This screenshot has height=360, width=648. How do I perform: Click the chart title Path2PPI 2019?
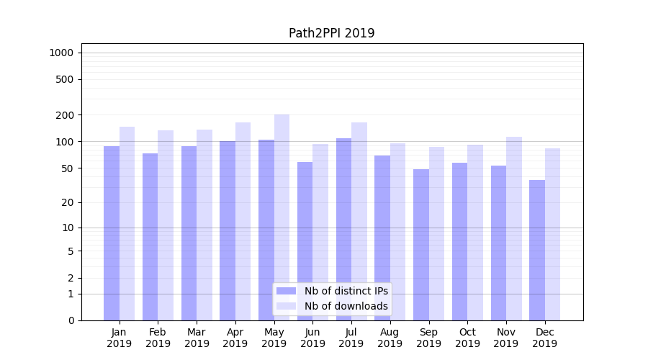331,33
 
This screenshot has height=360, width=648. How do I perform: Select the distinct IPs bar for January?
112,233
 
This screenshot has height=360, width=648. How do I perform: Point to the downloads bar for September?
436,233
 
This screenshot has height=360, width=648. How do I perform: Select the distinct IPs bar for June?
305,241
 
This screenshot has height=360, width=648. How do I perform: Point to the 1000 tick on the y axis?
61,53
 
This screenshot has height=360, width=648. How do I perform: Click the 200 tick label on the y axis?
65,115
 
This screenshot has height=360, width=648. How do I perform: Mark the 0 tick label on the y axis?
71,320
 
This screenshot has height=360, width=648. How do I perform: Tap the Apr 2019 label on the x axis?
235,338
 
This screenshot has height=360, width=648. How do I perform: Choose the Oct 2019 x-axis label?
467,338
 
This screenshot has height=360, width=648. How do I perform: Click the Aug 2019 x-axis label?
390,338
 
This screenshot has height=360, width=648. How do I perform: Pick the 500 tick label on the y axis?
65,79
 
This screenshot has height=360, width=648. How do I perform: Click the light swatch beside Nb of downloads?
287,306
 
